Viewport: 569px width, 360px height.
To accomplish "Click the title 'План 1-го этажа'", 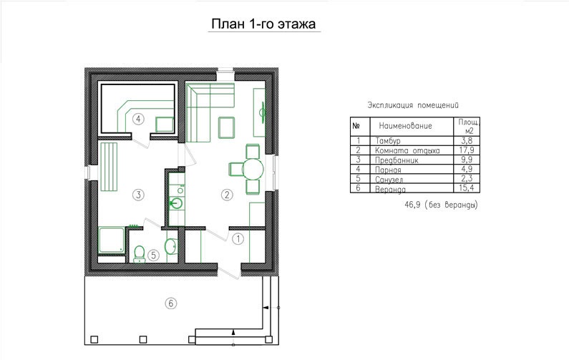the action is coord(264,24).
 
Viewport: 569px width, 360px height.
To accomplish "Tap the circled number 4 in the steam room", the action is coord(138,119).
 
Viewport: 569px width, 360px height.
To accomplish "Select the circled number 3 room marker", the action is coord(138,195).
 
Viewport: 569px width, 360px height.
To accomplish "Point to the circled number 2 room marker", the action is coord(227,195).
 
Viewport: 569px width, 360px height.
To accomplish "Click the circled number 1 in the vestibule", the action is coord(238,239).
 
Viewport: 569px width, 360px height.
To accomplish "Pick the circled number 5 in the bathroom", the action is coord(153,255).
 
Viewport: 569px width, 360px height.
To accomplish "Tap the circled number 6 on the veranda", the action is coord(171,303).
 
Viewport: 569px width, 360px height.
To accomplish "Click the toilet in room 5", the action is coord(140,254).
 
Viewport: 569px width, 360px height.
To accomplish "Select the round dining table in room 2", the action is coord(253,169).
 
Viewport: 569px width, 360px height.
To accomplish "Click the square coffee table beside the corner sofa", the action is coord(226,127).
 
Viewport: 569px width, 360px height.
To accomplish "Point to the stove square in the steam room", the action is coord(165,125).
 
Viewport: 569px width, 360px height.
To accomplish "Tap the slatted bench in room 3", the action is coord(109,167).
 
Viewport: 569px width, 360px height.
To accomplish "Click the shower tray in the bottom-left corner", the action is coord(112,240).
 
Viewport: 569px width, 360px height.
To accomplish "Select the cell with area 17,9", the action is coord(467,150).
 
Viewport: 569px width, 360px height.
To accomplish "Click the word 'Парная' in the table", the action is coord(388,170).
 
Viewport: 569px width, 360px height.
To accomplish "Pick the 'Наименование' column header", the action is coord(405,126).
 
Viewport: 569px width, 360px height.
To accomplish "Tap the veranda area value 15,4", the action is coord(467,188).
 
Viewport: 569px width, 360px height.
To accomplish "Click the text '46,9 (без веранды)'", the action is coord(442,205).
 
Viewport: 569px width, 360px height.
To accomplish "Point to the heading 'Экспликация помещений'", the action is coord(413,105).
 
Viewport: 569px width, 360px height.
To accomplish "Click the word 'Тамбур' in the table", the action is coord(388,140).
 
